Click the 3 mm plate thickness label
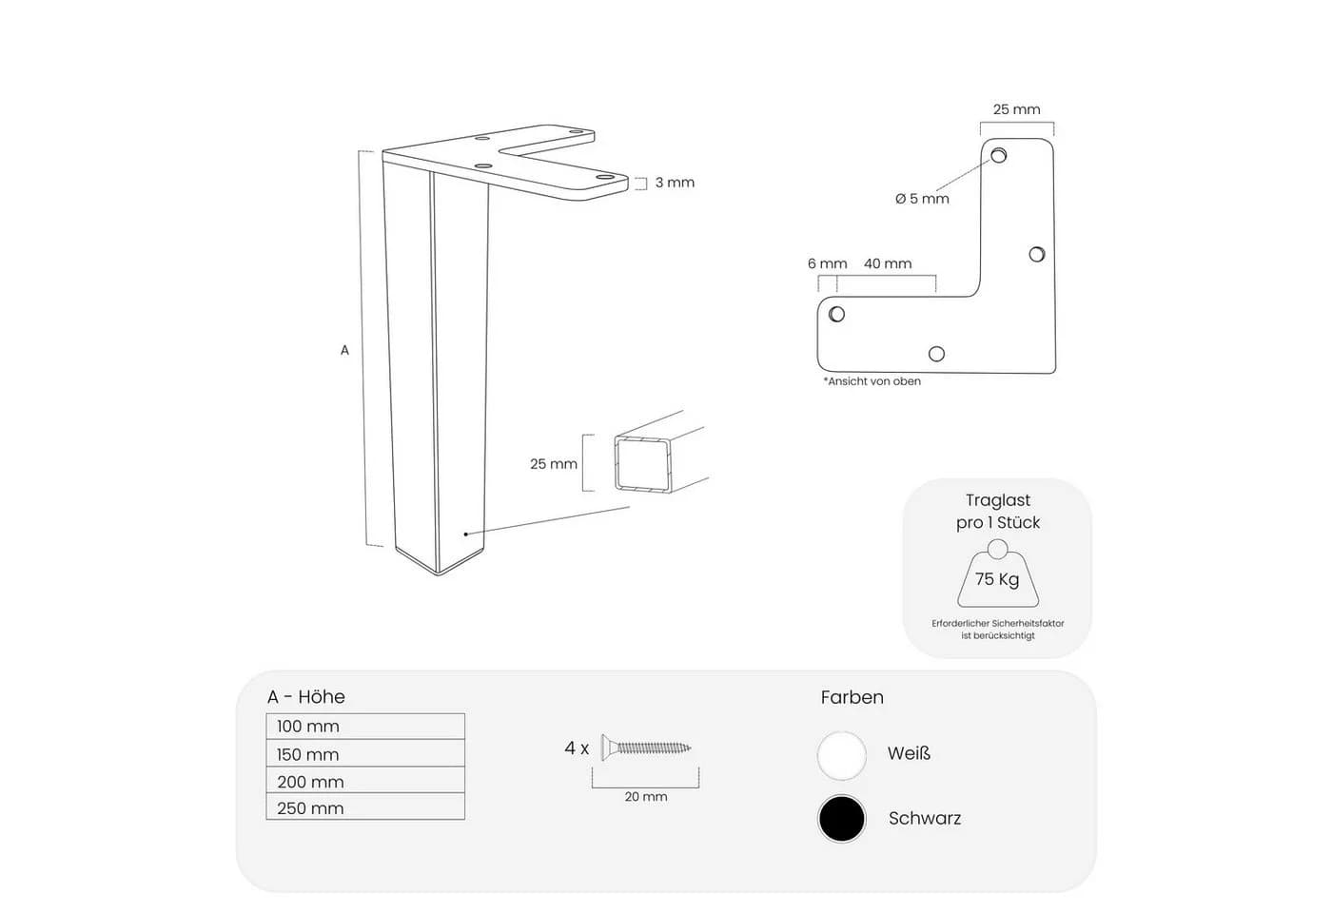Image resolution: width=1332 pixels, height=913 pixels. (x=675, y=183)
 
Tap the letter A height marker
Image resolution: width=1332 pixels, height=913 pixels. (x=344, y=350)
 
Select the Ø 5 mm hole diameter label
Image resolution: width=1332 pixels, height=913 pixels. (x=922, y=199)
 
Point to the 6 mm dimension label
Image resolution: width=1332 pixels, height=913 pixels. (x=827, y=263)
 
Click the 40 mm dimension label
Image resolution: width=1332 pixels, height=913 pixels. (x=888, y=263)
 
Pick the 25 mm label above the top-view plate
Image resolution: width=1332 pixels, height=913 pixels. (x=1017, y=109)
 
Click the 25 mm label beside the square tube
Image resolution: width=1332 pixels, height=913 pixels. (x=554, y=464)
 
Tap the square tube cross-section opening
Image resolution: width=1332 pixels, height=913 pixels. (x=643, y=464)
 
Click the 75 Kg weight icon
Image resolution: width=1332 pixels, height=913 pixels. (x=998, y=573)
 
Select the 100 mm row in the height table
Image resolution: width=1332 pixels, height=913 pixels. (x=365, y=727)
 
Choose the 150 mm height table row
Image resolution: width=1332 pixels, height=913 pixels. (x=365, y=753)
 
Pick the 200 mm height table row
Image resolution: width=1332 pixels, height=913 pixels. (x=365, y=780)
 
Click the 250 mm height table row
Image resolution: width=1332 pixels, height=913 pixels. (x=365, y=806)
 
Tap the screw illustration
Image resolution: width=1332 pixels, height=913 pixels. (x=646, y=748)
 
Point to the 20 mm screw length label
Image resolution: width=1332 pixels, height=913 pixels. (x=646, y=797)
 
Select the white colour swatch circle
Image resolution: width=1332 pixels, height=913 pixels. (x=841, y=755)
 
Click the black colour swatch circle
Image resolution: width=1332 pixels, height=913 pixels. (x=841, y=819)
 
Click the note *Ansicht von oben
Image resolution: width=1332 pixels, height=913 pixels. (x=872, y=381)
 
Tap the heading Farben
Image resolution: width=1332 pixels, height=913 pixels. (x=852, y=697)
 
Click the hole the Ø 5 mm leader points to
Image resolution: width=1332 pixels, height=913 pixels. (x=998, y=155)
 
